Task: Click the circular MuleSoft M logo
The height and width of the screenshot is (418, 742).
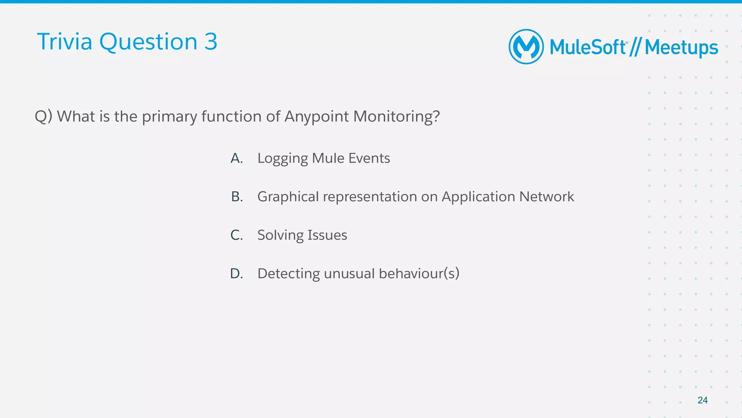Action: pyautogui.click(x=526, y=47)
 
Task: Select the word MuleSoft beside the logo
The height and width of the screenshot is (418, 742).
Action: pyautogui.click(x=588, y=47)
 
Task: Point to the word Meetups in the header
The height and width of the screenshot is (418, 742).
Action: pyautogui.click(x=681, y=48)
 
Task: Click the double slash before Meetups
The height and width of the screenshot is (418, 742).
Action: pyautogui.click(x=635, y=47)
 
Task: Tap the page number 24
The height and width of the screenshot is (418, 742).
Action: pyautogui.click(x=702, y=400)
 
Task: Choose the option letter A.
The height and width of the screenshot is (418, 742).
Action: pyautogui.click(x=237, y=158)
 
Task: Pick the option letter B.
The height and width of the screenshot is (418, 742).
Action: pyautogui.click(x=237, y=196)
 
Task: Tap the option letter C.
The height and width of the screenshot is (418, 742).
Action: pyautogui.click(x=237, y=235)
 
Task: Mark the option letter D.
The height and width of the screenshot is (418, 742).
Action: pyautogui.click(x=237, y=273)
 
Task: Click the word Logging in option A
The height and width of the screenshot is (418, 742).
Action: pyautogui.click(x=282, y=158)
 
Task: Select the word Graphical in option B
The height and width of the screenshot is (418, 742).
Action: pyautogui.click(x=288, y=197)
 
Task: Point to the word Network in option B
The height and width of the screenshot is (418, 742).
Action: pyautogui.click(x=546, y=196)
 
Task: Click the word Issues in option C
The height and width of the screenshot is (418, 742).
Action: pyautogui.click(x=327, y=235)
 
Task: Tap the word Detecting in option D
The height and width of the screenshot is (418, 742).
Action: pyautogui.click(x=288, y=274)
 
